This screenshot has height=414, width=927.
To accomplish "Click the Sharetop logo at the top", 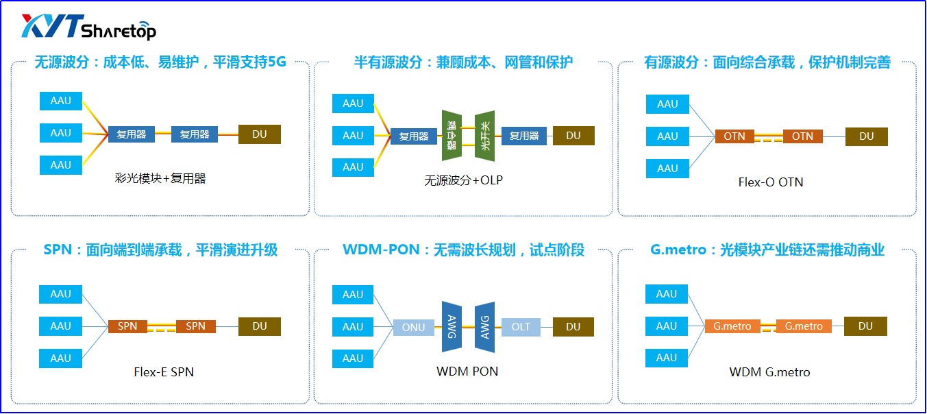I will point(88,27).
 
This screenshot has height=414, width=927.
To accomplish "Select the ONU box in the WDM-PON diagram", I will point(413,327).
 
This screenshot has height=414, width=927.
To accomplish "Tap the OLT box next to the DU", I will point(521,327).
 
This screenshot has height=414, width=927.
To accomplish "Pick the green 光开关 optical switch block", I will point(485,136).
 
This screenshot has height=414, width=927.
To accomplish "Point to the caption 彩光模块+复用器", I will point(160,178).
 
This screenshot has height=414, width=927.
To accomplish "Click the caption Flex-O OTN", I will point(770,182).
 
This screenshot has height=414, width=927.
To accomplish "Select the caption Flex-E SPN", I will point(164,372).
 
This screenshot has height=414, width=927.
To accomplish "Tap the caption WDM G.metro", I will point(769,372).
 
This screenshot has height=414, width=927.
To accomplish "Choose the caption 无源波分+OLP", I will point(464,180).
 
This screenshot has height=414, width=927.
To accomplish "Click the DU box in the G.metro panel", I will point(865,326).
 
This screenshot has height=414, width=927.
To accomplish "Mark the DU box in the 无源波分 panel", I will point(260,134).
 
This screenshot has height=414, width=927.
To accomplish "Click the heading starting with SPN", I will point(160,250).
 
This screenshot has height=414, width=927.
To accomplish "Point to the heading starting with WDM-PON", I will point(463,250).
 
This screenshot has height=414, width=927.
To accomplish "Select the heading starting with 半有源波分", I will point(463,62).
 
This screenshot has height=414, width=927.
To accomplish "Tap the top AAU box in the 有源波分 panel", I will point(667,104).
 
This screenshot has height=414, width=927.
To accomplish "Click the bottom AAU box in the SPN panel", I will point(61,358).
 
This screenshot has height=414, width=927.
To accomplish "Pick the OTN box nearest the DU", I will point(802,136).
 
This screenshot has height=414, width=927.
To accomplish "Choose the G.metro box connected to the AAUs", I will point(732,326).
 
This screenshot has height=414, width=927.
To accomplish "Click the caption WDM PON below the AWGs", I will point(467,372).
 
